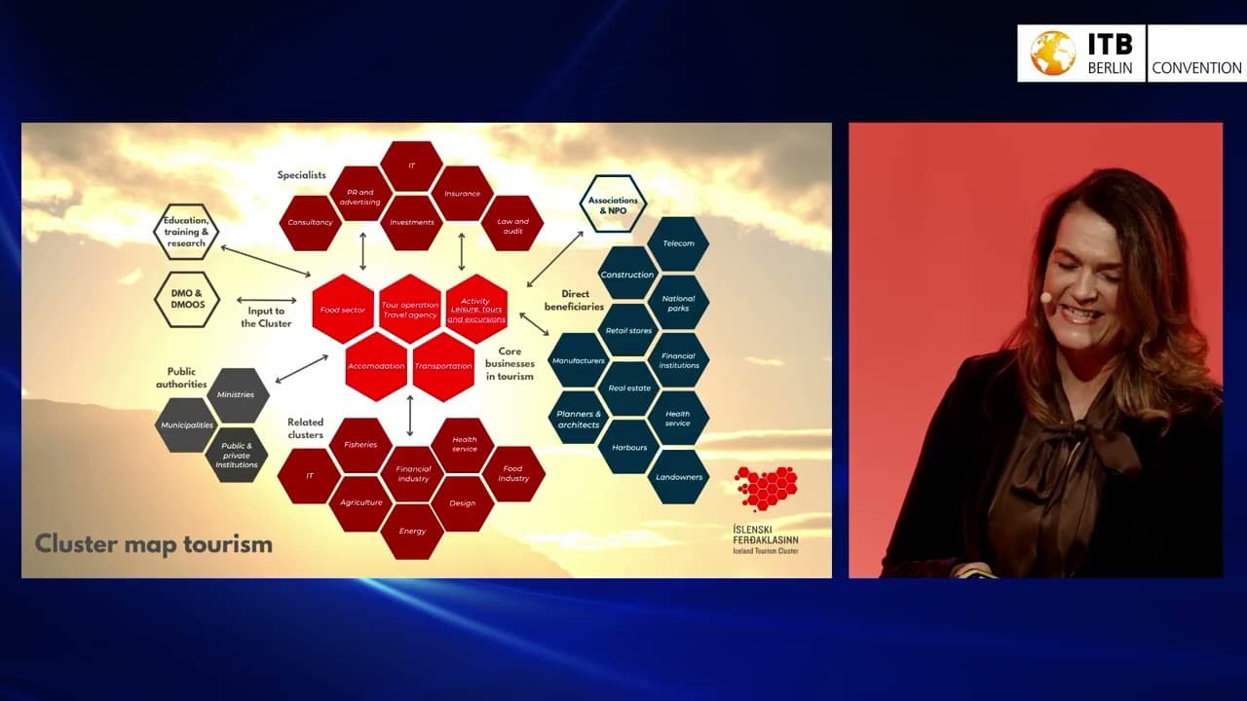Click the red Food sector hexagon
(343, 310)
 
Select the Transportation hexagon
(443, 366)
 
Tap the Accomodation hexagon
(376, 366)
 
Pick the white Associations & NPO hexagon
(613, 204)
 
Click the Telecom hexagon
(678, 243)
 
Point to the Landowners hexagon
(678, 477)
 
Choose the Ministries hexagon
(236, 395)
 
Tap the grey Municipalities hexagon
(186, 425)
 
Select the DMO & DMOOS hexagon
(186, 299)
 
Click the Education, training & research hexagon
(186, 232)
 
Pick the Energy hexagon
(412, 532)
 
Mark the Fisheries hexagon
(360, 445)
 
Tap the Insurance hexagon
(462, 194)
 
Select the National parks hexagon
(678, 303)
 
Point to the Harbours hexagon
(628, 448)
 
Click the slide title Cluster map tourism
(154, 543)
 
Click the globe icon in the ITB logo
(1052, 53)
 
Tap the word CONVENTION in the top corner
(1196, 68)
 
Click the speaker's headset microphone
(1045, 297)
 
